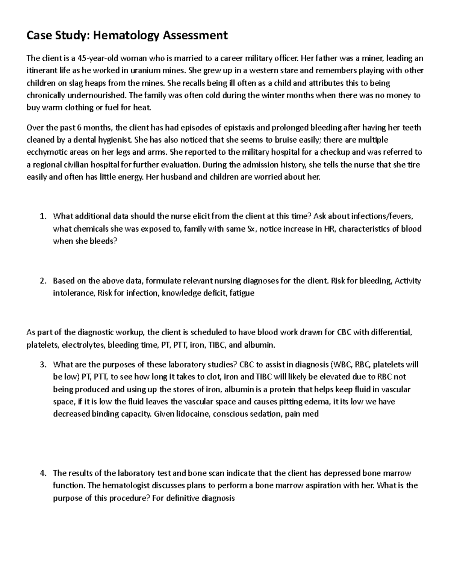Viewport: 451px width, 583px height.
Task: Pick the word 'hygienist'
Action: pyautogui.click(x=112, y=140)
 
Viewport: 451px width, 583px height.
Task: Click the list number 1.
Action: pyautogui.click(x=43, y=216)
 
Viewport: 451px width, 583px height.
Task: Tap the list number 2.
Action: pyautogui.click(x=43, y=281)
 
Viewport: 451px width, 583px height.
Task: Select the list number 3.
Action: pyautogui.click(x=43, y=365)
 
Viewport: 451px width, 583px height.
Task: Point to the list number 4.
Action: pyautogui.click(x=43, y=473)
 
